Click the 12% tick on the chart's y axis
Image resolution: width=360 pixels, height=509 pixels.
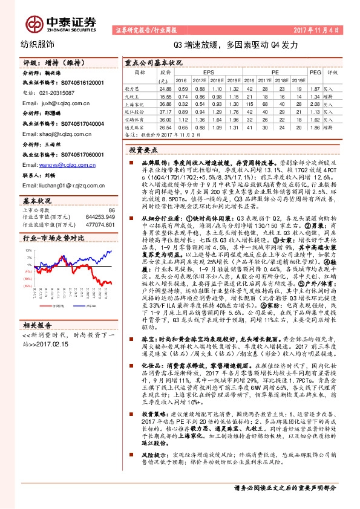coord(28,249)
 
